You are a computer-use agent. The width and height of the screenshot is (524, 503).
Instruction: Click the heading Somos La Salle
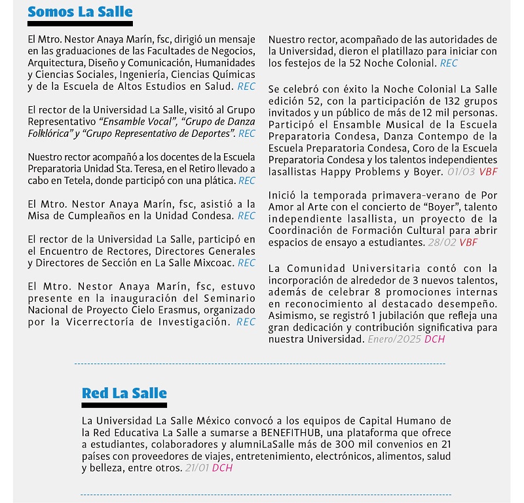click(x=80, y=12)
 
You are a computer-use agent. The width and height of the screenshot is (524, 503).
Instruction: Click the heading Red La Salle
click(x=124, y=393)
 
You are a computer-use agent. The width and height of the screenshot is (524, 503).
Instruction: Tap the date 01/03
click(x=461, y=172)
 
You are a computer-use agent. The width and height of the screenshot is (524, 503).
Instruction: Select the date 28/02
click(x=442, y=242)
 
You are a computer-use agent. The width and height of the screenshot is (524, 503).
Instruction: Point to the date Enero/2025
click(x=394, y=339)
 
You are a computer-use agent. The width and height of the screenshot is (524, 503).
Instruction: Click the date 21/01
click(x=197, y=468)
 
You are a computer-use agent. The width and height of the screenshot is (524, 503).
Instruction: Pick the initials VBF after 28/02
click(x=468, y=242)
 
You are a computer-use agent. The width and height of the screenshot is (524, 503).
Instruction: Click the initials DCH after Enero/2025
click(x=435, y=339)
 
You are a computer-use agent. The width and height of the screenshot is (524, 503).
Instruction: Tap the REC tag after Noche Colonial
click(x=449, y=63)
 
